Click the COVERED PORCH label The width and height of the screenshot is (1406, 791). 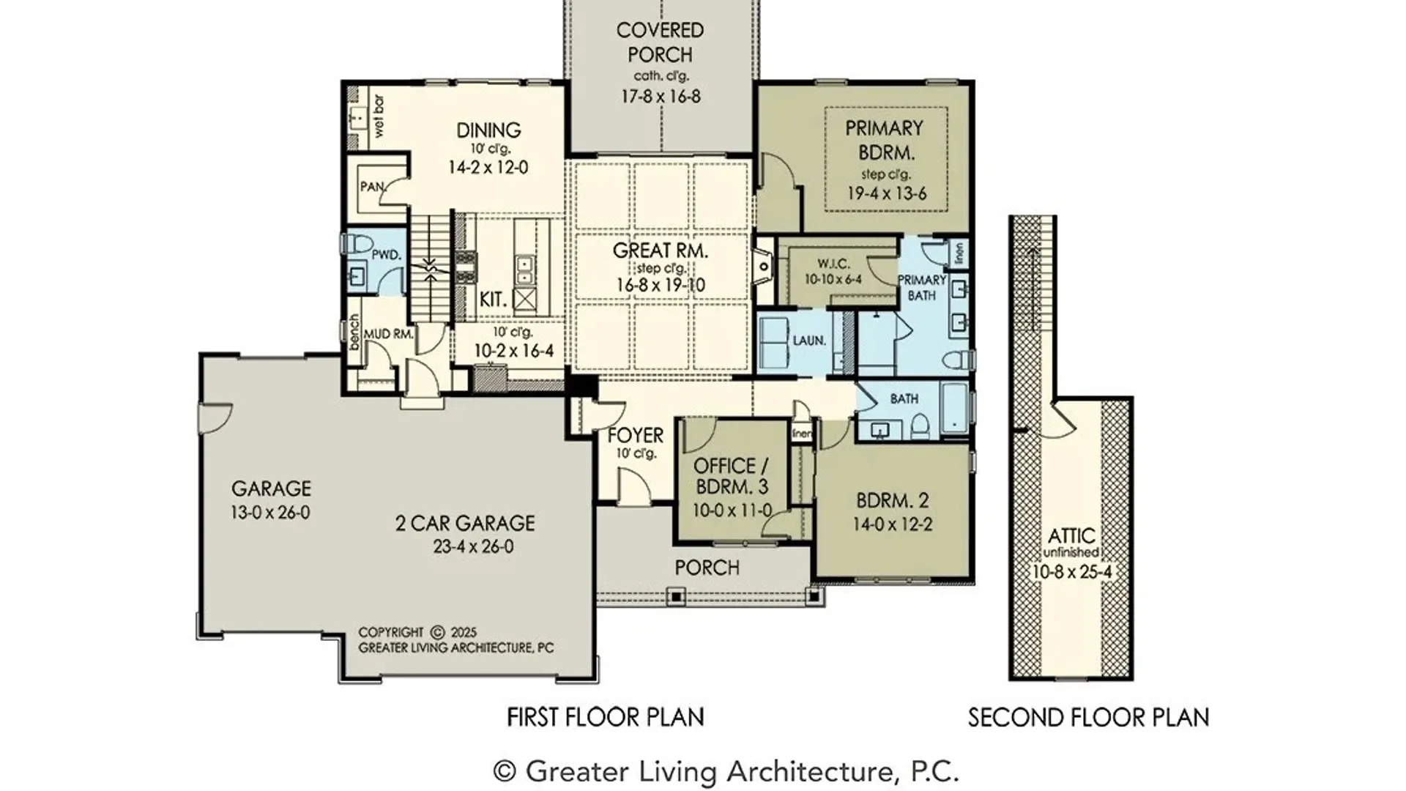[x=660, y=42]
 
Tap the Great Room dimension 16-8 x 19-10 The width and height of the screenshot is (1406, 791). [x=661, y=285]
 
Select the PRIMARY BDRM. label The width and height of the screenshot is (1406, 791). [x=885, y=141]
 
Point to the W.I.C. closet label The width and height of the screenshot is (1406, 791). [x=833, y=264]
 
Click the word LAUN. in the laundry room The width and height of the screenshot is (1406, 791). [x=809, y=341]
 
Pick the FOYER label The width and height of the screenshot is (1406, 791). [x=636, y=435]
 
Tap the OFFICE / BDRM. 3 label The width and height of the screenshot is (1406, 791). [x=732, y=476]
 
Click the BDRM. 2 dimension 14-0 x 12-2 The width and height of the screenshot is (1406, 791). [x=893, y=524]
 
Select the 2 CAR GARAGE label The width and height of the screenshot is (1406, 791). [x=465, y=523]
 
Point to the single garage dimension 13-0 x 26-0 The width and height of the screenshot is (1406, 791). [x=270, y=513]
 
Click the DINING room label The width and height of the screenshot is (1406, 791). [x=488, y=130]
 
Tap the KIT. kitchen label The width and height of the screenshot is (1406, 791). [x=493, y=300]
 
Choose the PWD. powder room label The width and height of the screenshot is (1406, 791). [x=386, y=255]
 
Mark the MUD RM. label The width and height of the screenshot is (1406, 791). [x=388, y=334]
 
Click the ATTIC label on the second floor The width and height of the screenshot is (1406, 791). [x=1071, y=536]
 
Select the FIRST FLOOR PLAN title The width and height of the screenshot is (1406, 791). [x=606, y=717]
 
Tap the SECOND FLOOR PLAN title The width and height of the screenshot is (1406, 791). [x=1088, y=718]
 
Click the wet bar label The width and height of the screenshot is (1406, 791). [x=379, y=116]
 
